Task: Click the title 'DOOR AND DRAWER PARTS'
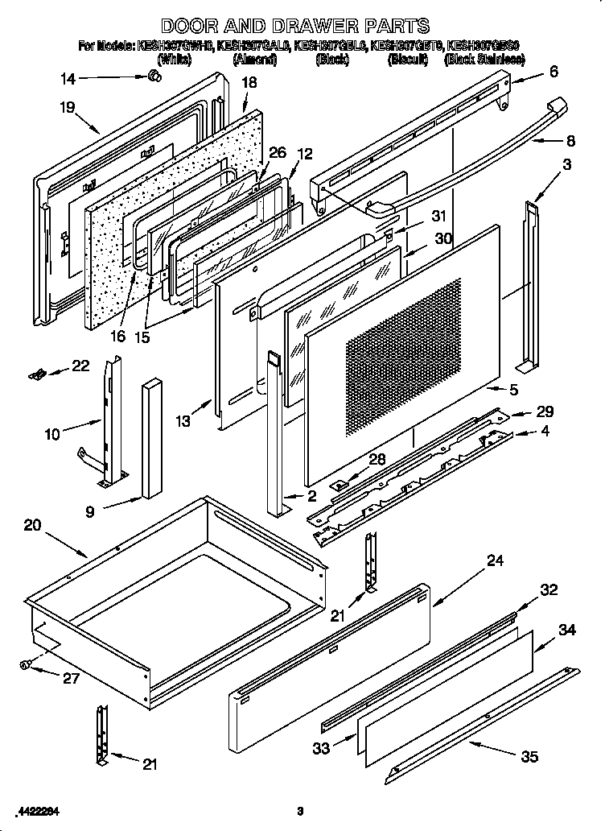point(294,27)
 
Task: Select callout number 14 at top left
point(68,78)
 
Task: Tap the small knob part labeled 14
point(153,76)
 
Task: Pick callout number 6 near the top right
point(554,72)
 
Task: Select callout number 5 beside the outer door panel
point(513,391)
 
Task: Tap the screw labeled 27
point(26,664)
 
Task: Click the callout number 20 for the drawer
point(32,525)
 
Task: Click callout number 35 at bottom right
point(529,756)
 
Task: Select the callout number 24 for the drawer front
point(495,560)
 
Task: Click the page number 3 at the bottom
point(299,810)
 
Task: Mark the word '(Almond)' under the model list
point(254,59)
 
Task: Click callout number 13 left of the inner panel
point(183,420)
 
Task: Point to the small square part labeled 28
point(341,485)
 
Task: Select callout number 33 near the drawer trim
point(321,749)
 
